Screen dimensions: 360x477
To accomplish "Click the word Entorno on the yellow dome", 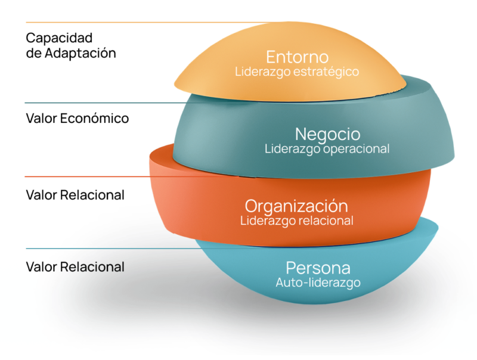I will (297, 57).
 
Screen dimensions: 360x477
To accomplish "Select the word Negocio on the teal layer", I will (327, 134).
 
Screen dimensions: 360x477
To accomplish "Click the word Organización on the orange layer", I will (296, 206).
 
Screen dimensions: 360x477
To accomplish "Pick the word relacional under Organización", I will (326, 221).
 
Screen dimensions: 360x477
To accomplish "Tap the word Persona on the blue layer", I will (318, 268).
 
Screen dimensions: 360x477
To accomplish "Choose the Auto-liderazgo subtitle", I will (318, 283).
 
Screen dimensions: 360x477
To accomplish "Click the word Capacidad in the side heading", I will (59, 38).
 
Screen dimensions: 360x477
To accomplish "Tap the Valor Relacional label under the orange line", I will (75, 195).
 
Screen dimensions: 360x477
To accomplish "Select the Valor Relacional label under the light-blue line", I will (75, 266).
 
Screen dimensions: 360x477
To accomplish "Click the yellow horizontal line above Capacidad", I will (119, 23).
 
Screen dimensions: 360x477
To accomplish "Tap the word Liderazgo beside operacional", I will (291, 148).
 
